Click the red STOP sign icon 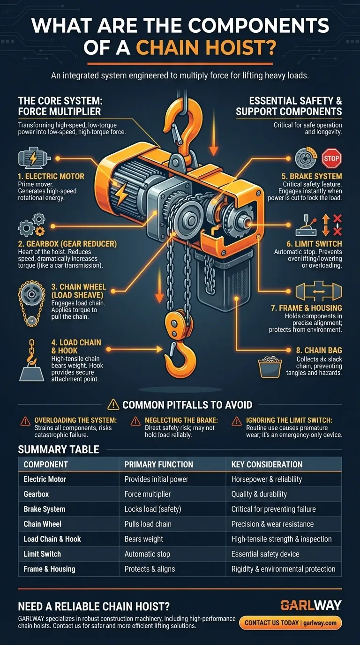tap(331, 158)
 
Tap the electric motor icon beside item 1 tap(34, 158)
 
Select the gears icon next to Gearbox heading tap(32, 225)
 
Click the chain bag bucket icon tap(270, 367)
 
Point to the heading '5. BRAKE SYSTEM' tap(312, 176)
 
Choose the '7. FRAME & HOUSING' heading tap(307, 308)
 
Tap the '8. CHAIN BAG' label tap(319, 350)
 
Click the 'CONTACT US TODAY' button tap(290, 623)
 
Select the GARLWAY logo tap(311, 606)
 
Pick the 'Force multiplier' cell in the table tap(148, 494)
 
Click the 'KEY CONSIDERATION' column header tap(267, 465)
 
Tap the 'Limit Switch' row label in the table tap(42, 554)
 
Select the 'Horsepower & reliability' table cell tap(267, 479)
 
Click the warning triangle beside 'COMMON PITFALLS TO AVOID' tap(113, 404)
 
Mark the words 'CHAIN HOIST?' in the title tap(206, 47)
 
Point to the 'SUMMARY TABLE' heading tap(59, 450)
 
